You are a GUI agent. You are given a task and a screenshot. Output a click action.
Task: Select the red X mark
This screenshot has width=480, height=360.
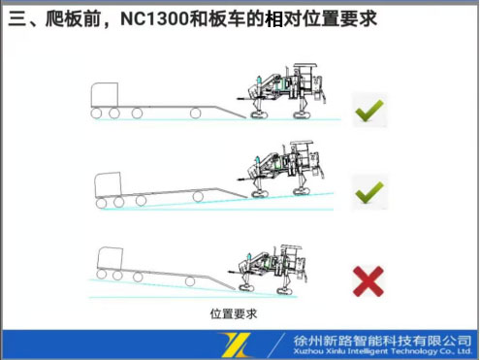(368, 280)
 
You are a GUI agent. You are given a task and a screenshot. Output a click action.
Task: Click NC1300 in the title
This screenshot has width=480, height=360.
(162, 19)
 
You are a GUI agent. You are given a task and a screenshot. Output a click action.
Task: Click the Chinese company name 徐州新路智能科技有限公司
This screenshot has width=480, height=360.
(381, 339)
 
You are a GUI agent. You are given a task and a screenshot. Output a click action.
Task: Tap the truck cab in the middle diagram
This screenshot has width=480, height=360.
(108, 182)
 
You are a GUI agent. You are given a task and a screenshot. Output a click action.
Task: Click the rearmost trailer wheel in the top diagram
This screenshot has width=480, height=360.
(195, 114)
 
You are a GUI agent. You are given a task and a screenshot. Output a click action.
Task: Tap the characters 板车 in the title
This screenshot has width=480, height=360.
(233, 19)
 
